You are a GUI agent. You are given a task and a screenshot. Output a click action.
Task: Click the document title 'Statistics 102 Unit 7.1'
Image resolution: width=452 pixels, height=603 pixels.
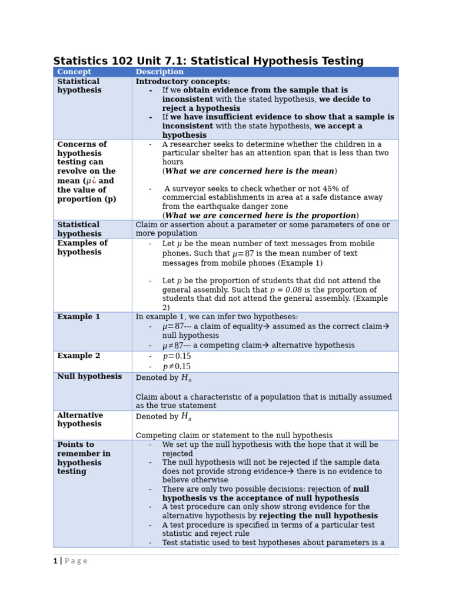pyautogui.click(x=208, y=61)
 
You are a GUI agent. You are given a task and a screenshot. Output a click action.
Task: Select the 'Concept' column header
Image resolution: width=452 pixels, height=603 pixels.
pyautogui.click(x=74, y=72)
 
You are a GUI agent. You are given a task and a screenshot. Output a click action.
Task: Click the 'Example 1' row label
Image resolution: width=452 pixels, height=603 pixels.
pyautogui.click(x=78, y=317)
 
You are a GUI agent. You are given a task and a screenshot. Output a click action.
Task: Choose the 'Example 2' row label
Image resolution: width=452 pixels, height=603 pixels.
pyautogui.click(x=78, y=356)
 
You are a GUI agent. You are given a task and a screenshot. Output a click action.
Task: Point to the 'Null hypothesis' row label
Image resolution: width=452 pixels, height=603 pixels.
pyautogui.click(x=89, y=376)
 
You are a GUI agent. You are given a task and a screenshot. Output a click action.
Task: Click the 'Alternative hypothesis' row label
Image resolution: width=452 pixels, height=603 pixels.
pyautogui.click(x=80, y=419)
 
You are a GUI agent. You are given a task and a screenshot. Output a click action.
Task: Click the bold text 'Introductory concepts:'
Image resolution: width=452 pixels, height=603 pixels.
pyautogui.click(x=182, y=82)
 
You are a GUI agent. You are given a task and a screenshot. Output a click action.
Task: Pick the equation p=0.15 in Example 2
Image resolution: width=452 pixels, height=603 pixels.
pyautogui.click(x=177, y=356)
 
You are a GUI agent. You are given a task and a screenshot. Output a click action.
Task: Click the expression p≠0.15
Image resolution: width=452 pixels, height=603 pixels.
pyautogui.click(x=177, y=366)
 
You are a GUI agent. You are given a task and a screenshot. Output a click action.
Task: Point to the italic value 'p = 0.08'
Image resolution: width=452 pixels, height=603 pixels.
pyautogui.click(x=285, y=290)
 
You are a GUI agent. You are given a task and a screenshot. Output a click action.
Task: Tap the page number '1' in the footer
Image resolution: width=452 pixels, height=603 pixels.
pyautogui.click(x=55, y=561)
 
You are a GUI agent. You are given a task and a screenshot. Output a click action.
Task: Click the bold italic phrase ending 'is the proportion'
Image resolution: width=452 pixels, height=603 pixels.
pyautogui.click(x=261, y=216)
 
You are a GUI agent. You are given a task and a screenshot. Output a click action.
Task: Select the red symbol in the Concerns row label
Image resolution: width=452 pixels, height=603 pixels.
pyautogui.click(x=94, y=181)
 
